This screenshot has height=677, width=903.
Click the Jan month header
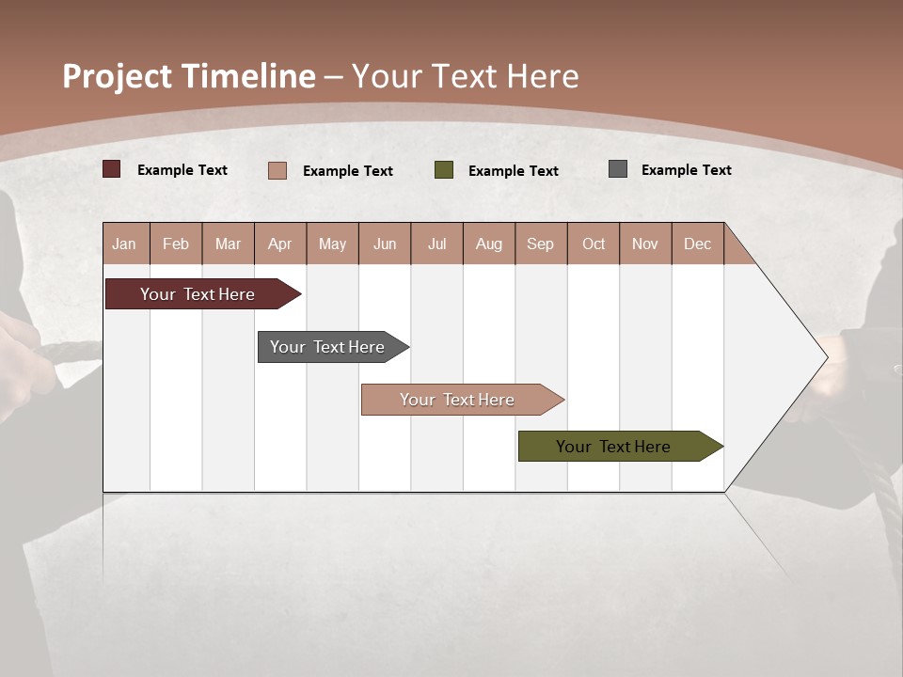click(x=125, y=244)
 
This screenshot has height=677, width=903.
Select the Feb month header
click(x=176, y=244)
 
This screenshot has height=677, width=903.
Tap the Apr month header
click(x=280, y=244)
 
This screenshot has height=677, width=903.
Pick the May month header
click(x=332, y=244)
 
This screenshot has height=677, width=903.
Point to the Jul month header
click(x=436, y=244)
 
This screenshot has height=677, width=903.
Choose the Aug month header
click(x=489, y=244)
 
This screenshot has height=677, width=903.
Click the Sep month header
click(x=541, y=244)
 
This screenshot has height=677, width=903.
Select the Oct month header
click(x=594, y=244)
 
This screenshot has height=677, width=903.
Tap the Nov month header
click(x=645, y=244)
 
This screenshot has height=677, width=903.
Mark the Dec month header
click(x=697, y=244)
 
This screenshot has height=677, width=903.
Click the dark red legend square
click(x=112, y=169)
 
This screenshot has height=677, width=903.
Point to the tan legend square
click(x=277, y=170)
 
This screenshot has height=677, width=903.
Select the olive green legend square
click(x=444, y=169)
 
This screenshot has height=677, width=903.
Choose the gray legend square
click(x=618, y=169)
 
